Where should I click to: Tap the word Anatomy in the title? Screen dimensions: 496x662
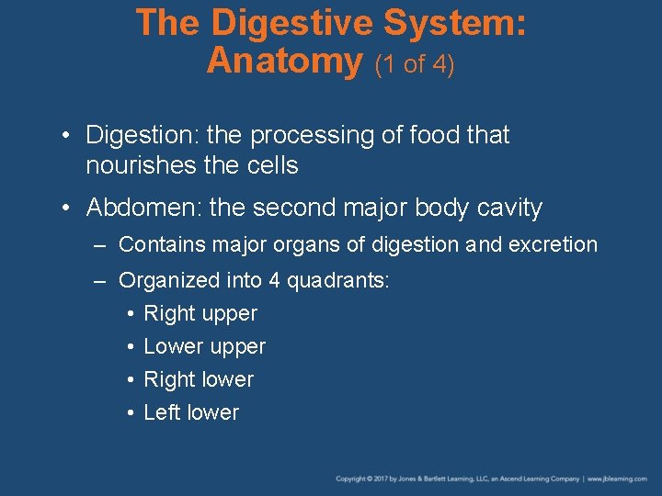click(285, 62)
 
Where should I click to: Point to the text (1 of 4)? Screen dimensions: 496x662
click(414, 65)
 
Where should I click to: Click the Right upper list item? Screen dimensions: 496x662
click(200, 314)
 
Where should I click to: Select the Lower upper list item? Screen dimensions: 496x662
click(204, 347)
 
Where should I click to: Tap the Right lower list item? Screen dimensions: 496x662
click(199, 380)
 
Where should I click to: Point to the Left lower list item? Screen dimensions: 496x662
click(191, 413)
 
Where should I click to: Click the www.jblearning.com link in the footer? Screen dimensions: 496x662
click(621, 479)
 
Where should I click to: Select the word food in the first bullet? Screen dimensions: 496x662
click(430, 136)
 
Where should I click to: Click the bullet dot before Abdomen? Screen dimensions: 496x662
click(69, 208)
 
